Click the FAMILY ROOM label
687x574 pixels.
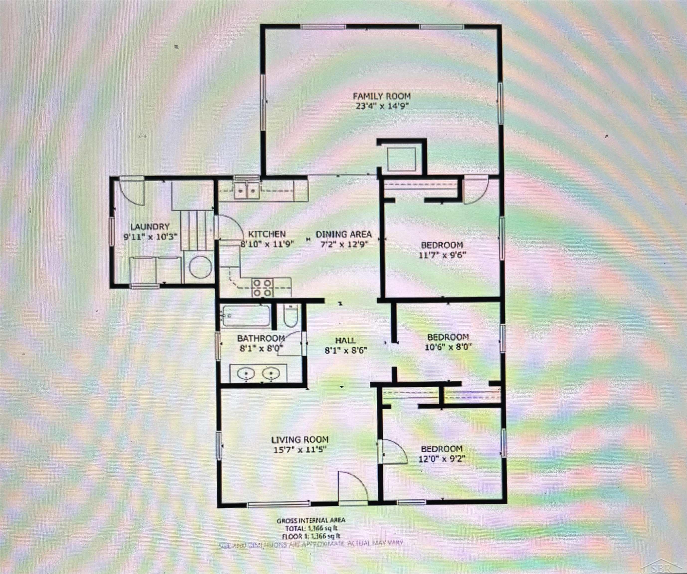(381, 96)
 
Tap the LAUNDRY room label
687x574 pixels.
(150, 226)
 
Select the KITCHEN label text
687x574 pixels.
(267, 234)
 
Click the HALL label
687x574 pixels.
(345, 340)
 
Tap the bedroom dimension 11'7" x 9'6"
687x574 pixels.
(442, 255)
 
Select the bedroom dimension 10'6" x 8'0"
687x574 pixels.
(448, 347)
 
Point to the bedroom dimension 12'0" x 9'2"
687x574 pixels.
(442, 459)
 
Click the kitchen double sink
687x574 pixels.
(247, 191)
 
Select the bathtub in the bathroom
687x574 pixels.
(246, 316)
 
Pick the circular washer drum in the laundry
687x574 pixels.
(200, 267)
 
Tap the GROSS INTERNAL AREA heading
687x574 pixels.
(311, 520)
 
